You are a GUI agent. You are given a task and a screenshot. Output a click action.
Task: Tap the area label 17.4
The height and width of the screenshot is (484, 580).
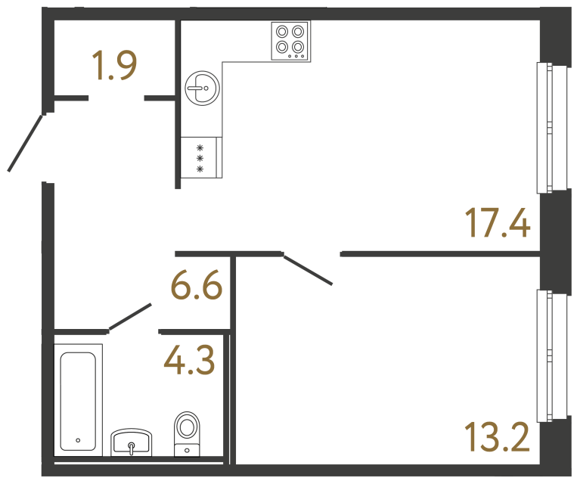pyautogui.click(x=497, y=223)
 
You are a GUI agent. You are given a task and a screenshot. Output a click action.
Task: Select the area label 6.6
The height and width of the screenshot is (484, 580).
pyautogui.click(x=196, y=287)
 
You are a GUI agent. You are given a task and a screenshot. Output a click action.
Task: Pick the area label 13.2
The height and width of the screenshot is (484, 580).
pyautogui.click(x=497, y=436)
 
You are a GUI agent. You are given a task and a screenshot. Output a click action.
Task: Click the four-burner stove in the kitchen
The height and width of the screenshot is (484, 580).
pyautogui.click(x=290, y=40)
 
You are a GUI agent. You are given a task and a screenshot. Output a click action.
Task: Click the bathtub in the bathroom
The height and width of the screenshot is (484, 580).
pyautogui.click(x=78, y=400)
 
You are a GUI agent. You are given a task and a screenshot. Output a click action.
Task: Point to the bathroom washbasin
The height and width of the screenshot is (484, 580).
pyautogui.click(x=132, y=443)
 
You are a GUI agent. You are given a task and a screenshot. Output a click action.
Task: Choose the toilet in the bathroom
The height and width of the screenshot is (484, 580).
pyautogui.click(x=187, y=433)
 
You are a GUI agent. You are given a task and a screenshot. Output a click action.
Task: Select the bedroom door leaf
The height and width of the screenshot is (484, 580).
pyautogui.click(x=308, y=270)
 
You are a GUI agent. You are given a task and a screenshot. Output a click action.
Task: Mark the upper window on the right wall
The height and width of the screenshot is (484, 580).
pyautogui.click(x=551, y=128)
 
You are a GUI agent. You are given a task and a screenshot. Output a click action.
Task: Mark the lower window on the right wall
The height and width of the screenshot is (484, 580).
pyautogui.click(x=551, y=355)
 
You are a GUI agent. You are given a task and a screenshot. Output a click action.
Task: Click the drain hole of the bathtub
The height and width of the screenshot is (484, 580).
pyautogui.click(x=78, y=439)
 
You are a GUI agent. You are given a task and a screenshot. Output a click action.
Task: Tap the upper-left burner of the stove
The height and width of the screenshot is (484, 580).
pyautogui.click(x=283, y=32)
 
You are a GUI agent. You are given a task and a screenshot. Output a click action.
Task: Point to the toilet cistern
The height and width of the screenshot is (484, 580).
pyautogui.click(x=187, y=451)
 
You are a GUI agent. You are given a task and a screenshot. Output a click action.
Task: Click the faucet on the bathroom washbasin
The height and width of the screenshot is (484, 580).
pyautogui.click(x=132, y=448)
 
